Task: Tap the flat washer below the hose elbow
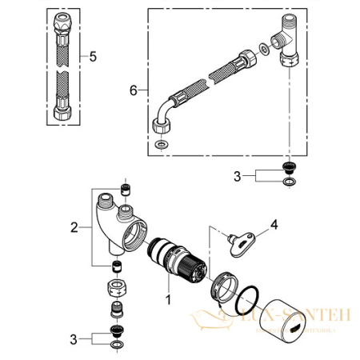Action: tap(162, 144)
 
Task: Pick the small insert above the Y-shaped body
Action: tap(125, 190)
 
